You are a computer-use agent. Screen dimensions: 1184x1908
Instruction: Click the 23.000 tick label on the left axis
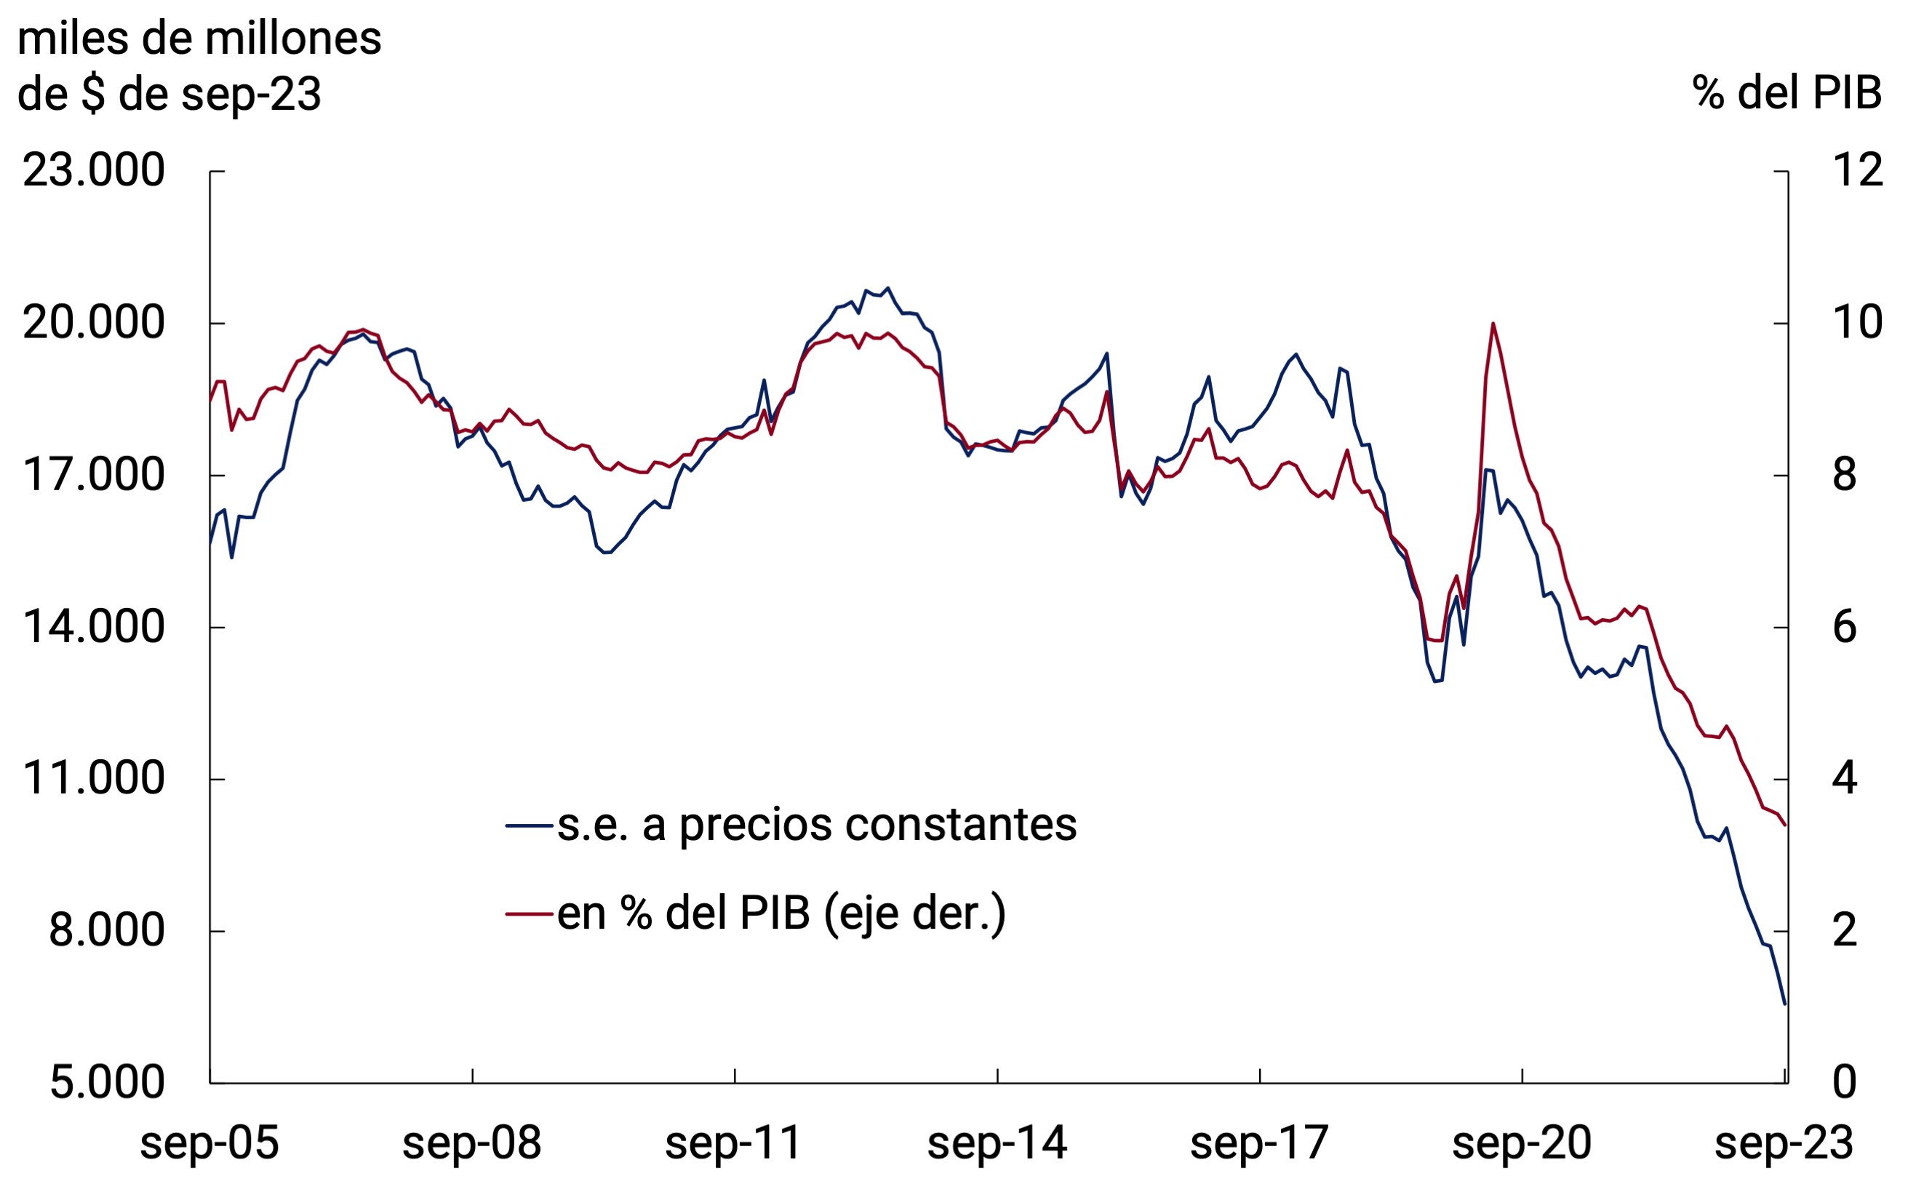pos(94,170)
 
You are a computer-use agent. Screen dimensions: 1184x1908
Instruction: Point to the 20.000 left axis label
pos(94,322)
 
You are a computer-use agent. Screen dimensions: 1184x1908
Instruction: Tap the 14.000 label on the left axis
pos(94,626)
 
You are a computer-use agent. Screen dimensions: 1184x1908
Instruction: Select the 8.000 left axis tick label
pos(106,930)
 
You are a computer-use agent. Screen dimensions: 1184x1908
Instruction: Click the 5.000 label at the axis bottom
pos(106,1082)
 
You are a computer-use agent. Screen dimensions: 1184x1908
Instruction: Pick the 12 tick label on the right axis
pos(1857,170)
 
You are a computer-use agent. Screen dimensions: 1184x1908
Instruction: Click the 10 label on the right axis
pos(1857,322)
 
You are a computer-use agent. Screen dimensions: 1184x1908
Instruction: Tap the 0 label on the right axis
pos(1845,1082)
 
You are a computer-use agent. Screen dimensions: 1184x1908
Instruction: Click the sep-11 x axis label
pos(734,1144)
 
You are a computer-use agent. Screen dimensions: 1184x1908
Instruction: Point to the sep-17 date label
pos(1258,1144)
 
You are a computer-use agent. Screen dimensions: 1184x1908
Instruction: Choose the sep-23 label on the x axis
pos(1784,1144)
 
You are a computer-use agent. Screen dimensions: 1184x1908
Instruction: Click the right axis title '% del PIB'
pos(1787,93)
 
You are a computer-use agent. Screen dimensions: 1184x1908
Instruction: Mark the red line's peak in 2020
pos(1493,323)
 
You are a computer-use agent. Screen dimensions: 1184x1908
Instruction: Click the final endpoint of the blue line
pos(1784,1004)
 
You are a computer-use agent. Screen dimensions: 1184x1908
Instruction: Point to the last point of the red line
pos(1784,825)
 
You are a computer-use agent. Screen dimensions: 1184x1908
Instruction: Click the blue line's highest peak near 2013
pos(887,288)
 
